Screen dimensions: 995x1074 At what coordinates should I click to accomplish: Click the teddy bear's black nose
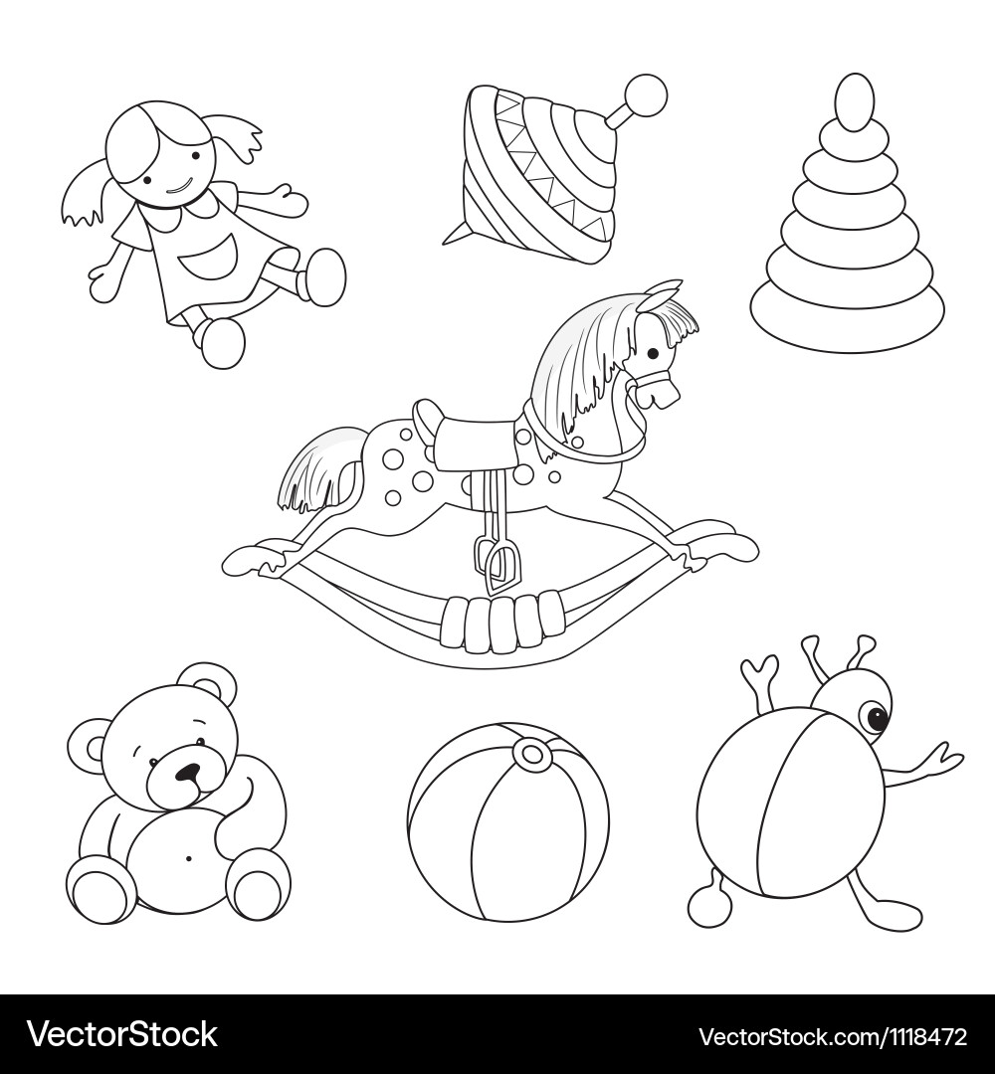(186, 774)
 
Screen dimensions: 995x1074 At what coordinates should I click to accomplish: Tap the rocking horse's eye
(653, 353)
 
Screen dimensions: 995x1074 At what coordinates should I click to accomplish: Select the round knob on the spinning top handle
(646, 94)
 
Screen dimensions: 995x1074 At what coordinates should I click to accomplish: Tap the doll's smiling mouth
(177, 187)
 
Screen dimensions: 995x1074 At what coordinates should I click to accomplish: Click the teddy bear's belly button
(187, 857)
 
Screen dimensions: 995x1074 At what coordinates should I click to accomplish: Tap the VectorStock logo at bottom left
(122, 1034)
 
